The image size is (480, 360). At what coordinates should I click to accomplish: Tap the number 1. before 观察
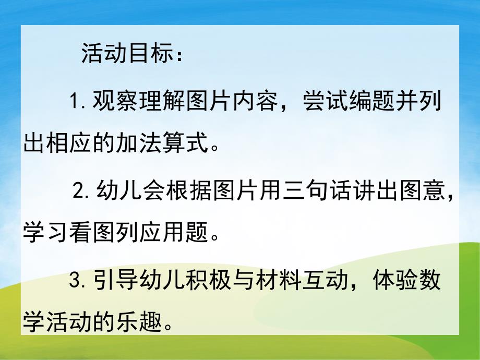point(78,101)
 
